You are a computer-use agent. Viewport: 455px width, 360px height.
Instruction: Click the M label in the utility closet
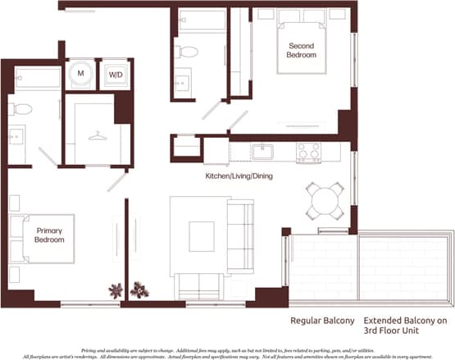point(80,74)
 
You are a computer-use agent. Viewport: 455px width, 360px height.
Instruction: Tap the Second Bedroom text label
point(301,49)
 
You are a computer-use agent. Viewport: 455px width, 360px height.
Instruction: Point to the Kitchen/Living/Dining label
point(239,176)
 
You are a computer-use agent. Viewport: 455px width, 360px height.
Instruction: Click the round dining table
point(324,198)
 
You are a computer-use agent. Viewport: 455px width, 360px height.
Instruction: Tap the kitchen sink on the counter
point(262,152)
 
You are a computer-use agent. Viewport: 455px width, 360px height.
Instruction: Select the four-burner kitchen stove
point(309,152)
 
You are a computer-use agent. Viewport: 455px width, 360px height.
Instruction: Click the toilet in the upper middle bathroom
point(188,52)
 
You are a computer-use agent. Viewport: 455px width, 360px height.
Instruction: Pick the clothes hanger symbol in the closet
point(98,135)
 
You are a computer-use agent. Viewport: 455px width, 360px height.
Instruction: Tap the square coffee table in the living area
point(201,236)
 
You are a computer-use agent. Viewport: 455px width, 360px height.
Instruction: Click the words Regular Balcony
point(322,321)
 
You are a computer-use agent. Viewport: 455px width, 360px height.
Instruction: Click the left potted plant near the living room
point(116,289)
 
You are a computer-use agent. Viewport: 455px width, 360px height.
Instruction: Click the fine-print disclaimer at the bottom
point(227,350)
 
